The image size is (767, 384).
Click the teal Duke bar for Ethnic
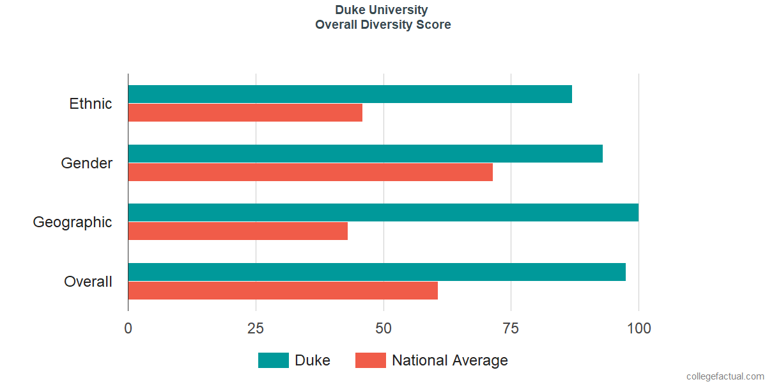(350, 94)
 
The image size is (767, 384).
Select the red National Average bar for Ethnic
(245, 113)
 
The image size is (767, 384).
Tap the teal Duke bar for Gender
(366, 154)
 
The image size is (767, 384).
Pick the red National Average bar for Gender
(311, 172)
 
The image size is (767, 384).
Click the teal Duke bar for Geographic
(383, 212)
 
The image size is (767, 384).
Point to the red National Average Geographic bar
(238, 231)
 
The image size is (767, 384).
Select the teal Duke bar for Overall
(377, 272)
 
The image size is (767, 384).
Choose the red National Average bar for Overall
(283, 291)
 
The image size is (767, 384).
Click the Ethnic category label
(90, 104)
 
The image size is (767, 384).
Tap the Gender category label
(87, 163)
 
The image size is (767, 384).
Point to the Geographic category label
(72, 223)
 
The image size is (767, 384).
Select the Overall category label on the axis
(88, 282)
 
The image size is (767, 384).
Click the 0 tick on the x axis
(128, 328)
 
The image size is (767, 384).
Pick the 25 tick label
(256, 328)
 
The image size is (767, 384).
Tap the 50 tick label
(383, 328)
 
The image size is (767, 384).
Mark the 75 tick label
(511, 328)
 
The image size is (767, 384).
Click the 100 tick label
(639, 328)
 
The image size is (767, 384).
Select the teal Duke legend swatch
(274, 360)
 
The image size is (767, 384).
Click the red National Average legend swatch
(371, 360)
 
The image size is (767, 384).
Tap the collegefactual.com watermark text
(725, 376)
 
